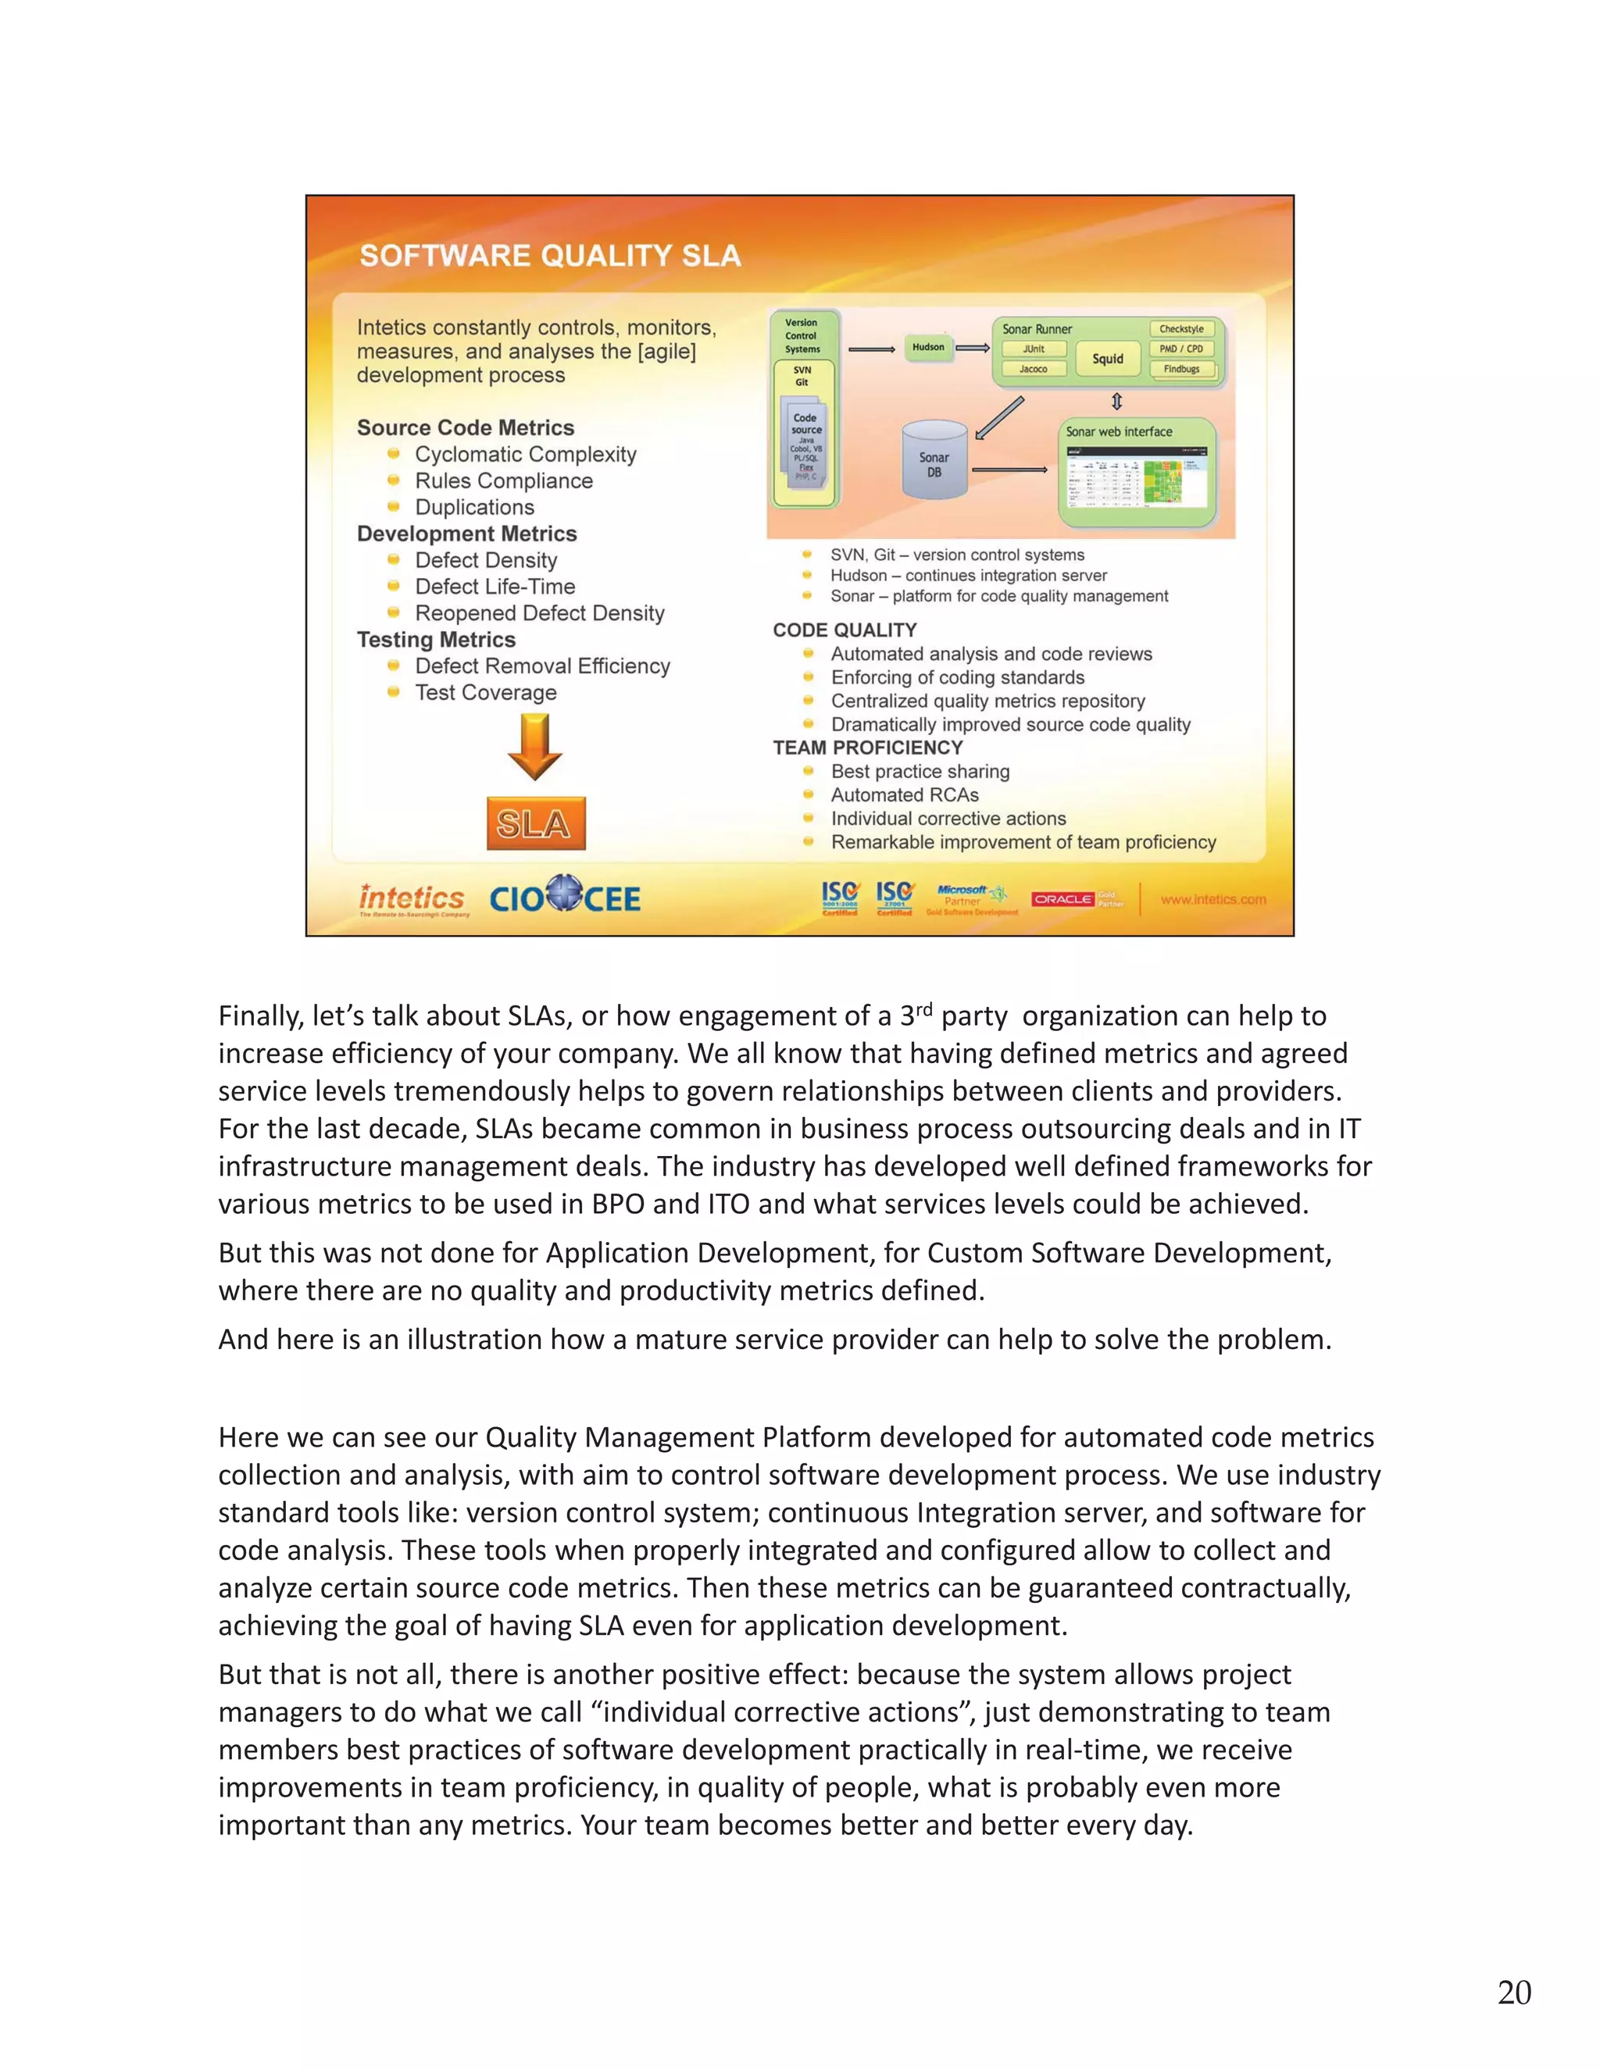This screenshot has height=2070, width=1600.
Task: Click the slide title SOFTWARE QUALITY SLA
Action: coord(550,256)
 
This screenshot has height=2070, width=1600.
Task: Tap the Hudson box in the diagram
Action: coord(928,347)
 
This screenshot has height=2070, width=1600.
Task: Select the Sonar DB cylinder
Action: coord(934,462)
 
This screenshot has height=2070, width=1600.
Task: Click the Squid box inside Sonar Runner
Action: coord(1107,359)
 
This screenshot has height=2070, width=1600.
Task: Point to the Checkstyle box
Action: coord(1181,329)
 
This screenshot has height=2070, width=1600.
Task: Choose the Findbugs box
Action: coord(1181,369)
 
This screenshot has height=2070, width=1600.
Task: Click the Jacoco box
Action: coord(1033,369)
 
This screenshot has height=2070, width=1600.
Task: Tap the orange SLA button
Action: coord(535,823)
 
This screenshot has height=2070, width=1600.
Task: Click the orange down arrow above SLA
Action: coord(534,747)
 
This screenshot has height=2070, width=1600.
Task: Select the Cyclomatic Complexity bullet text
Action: coord(525,455)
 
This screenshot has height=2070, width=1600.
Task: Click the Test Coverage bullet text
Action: coord(485,693)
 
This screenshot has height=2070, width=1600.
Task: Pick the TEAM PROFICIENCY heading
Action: coord(867,748)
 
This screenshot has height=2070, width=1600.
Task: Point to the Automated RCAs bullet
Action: coord(904,795)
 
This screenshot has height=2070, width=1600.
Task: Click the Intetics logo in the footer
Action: coord(412,898)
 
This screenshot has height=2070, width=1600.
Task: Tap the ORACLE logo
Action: coord(1062,898)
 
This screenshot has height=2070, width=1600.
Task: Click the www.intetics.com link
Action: coord(1212,899)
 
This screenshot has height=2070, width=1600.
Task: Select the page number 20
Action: coord(1514,1993)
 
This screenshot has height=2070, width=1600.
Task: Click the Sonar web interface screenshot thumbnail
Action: coord(1137,480)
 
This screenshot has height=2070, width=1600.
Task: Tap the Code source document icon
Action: coord(805,446)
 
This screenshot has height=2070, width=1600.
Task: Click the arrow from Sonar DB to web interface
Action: coord(1009,470)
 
